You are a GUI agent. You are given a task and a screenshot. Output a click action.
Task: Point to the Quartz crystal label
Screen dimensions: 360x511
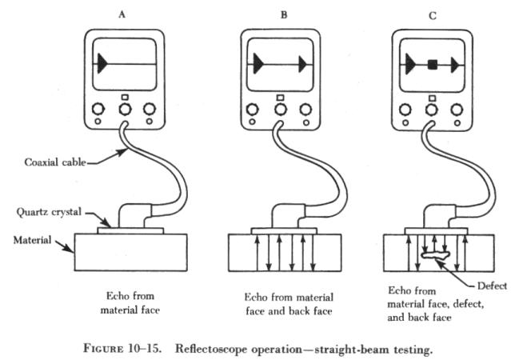(46, 213)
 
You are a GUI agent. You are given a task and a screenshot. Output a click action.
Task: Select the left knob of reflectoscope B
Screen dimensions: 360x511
(254, 109)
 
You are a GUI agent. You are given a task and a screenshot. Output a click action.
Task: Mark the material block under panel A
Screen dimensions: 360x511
(130, 252)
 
